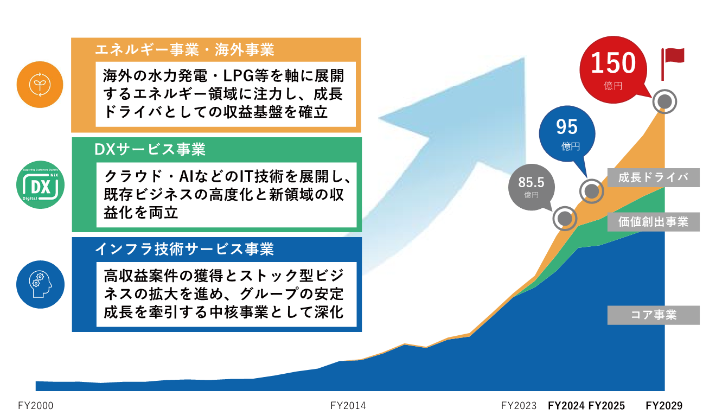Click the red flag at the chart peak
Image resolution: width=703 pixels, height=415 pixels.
click(672, 58)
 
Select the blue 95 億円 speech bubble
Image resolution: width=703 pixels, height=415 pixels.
click(567, 133)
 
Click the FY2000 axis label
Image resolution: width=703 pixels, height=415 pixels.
click(36, 406)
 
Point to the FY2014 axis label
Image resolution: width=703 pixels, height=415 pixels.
click(348, 406)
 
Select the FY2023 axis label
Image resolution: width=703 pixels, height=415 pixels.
click(519, 406)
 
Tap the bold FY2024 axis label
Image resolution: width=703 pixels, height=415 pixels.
click(566, 406)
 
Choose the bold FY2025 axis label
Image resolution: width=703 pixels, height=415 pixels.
click(606, 406)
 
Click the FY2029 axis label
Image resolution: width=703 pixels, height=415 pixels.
click(664, 406)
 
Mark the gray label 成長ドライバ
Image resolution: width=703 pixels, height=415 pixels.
click(653, 178)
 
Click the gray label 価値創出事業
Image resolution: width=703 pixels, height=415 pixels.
click(653, 222)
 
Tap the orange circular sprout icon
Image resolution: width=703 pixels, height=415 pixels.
click(40, 85)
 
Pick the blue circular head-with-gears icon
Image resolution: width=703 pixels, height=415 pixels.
click(40, 284)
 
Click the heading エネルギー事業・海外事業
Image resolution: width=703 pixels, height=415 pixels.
click(184, 50)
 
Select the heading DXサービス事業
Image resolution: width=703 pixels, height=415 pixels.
click(150, 149)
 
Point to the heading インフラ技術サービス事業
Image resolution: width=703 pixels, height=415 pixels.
click(184, 249)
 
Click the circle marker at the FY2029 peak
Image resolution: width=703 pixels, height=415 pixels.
click(664, 101)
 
